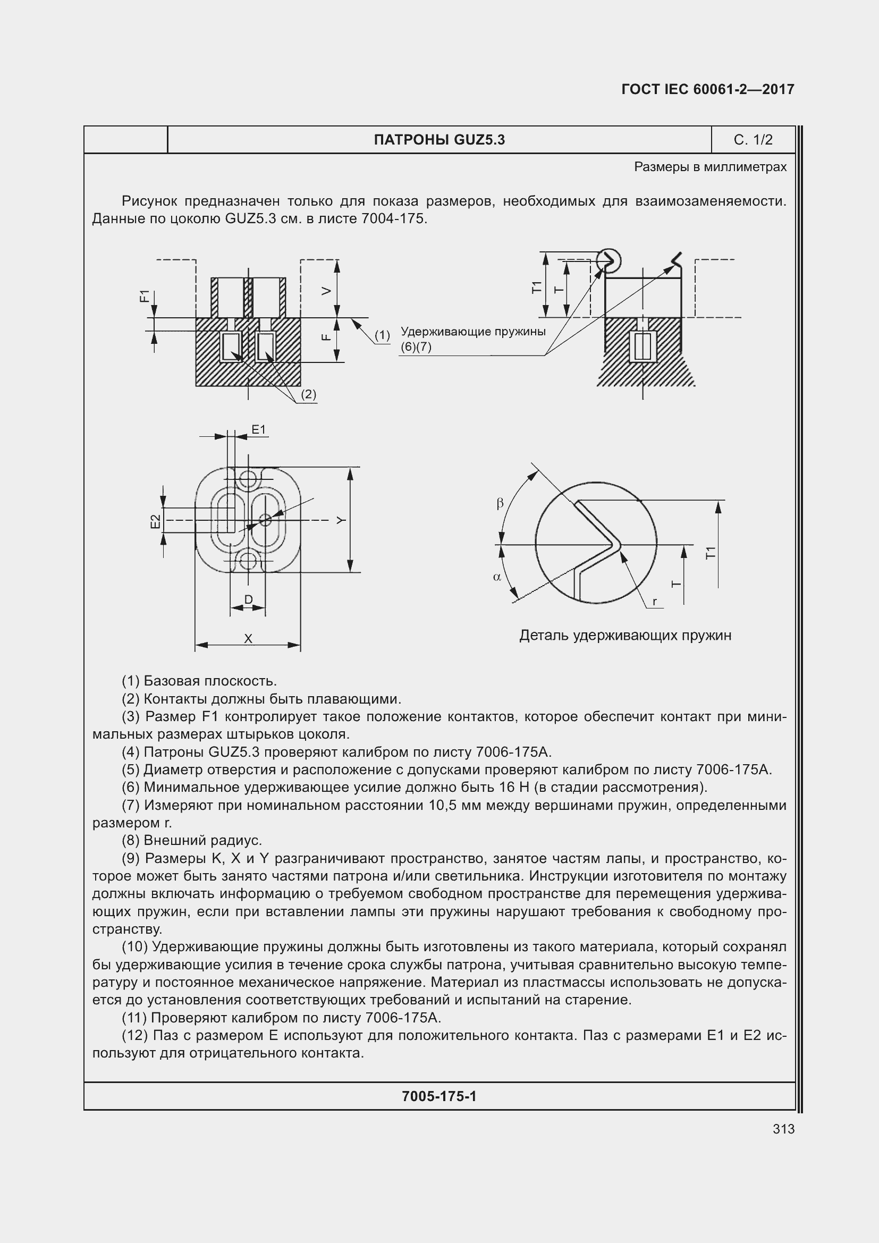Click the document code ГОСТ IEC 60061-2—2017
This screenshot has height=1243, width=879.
coord(707,89)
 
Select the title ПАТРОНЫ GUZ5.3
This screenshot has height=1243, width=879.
coord(439,140)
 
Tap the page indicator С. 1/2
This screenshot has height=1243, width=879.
coord(753,140)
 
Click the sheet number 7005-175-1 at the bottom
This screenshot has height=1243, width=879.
coord(439,1096)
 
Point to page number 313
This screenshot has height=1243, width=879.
coord(783,1129)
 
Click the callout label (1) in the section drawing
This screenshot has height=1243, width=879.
coord(382,335)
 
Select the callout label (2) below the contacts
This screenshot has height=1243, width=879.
coord(308,394)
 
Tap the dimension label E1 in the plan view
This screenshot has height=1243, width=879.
coord(259,430)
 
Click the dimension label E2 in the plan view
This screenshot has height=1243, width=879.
coord(156,521)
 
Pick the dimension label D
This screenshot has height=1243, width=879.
coord(248,599)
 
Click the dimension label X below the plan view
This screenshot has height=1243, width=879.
coord(248,639)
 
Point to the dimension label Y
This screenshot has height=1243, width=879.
coord(341,520)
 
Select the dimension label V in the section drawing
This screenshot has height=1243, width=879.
coord(326,291)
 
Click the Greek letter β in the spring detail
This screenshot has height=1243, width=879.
coord(500,503)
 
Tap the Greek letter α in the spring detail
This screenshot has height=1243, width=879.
coord(497,577)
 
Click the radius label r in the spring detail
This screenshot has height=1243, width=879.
coord(654,602)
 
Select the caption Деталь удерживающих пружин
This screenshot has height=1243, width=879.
coord(625,636)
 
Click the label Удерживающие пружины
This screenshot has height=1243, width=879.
coord(472,331)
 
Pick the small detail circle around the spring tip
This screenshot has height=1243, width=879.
coord(609,260)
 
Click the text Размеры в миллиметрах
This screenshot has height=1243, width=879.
coord(710,167)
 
